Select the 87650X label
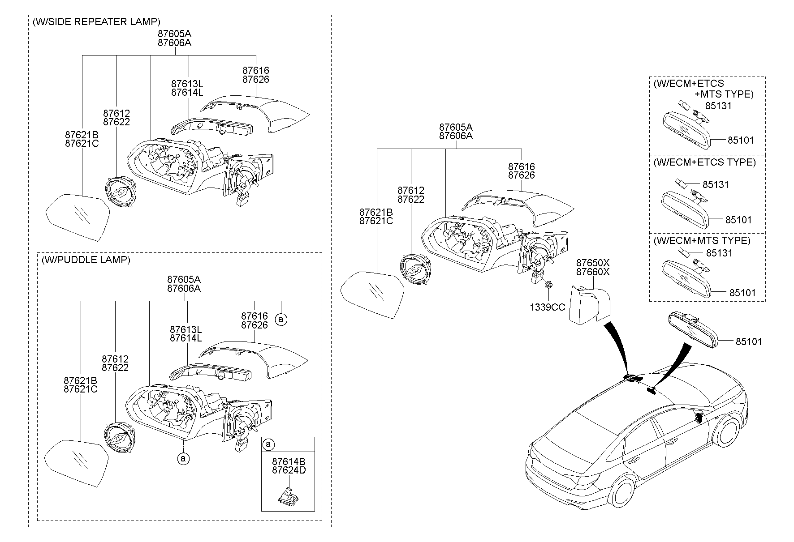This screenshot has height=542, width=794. click(593, 263)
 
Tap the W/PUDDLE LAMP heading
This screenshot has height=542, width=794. click(86, 260)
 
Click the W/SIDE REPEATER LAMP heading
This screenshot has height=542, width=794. click(96, 21)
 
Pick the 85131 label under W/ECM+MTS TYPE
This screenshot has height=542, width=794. click(719, 253)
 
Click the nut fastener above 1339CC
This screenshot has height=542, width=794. click(548, 285)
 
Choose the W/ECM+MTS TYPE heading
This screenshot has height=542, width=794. click(702, 240)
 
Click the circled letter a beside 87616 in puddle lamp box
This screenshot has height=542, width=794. click(281, 319)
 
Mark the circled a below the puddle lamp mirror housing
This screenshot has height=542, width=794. click(182, 458)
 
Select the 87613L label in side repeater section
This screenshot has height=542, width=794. click(187, 84)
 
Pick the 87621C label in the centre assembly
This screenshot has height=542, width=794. click(376, 221)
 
